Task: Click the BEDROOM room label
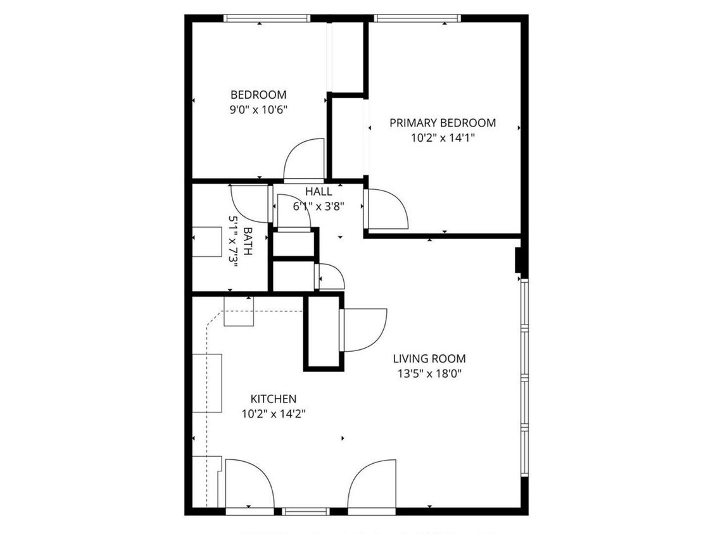258,95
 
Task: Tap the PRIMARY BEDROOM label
442,123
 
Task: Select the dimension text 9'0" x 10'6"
258,109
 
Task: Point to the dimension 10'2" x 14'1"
442,137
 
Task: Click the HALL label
318,192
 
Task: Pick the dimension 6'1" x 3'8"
318,206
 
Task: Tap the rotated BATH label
247,240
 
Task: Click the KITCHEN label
274,399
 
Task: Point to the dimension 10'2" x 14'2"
274,414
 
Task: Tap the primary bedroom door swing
386,209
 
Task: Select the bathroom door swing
250,202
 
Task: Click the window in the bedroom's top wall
267,18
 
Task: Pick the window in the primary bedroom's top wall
417,18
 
